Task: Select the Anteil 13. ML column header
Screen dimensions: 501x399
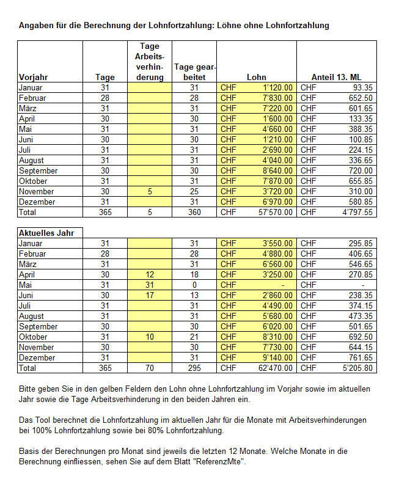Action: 336,77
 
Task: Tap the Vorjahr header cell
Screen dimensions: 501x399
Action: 34,77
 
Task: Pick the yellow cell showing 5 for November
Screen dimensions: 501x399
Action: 150,191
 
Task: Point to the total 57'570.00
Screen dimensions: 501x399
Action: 274,212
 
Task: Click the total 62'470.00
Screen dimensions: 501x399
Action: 274,368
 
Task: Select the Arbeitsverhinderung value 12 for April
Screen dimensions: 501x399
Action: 150,274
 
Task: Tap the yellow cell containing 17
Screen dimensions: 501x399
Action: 150,295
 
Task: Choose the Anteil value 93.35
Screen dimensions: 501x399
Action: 361,87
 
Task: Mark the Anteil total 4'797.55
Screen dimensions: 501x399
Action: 357,212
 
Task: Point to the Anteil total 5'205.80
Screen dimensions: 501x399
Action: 357,368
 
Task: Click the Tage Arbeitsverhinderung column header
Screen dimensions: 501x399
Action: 150,61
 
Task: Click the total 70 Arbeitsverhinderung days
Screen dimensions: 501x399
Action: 150,368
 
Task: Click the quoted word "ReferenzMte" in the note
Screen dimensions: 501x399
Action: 219,462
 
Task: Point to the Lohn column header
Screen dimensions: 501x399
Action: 257,77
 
